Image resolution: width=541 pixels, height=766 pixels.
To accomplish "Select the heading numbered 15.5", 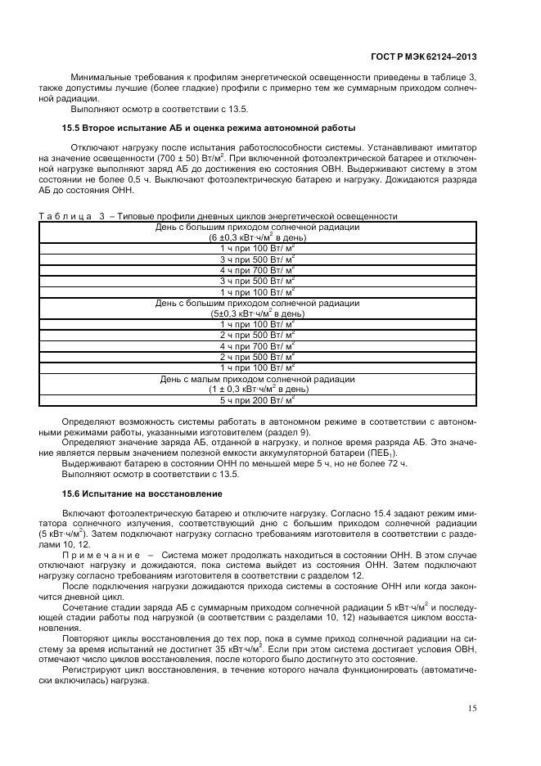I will [209, 128].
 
